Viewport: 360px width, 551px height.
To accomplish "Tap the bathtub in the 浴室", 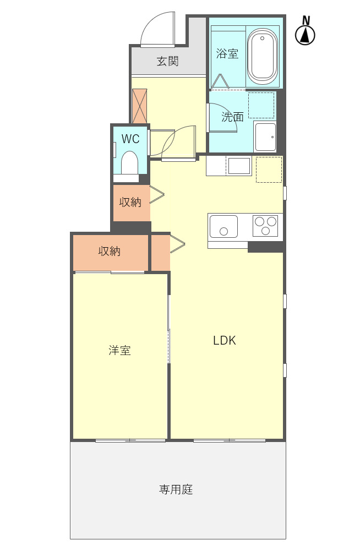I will [x=262, y=56].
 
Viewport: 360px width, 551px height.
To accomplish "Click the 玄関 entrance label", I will [x=167, y=61].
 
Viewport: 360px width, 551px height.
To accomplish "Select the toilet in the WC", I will [x=130, y=163].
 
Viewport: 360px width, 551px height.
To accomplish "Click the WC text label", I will [x=130, y=139].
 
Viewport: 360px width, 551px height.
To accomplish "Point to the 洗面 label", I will [x=232, y=117].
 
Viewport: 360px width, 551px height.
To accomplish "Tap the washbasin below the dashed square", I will [x=265, y=136].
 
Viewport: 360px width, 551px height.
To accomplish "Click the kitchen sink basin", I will [x=224, y=226].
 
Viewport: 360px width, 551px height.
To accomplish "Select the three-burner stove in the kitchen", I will [x=265, y=226].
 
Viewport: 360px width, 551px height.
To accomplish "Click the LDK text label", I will [x=225, y=340].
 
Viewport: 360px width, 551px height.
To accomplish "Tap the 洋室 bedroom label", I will [x=119, y=350].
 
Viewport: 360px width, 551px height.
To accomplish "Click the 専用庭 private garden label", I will [x=176, y=489].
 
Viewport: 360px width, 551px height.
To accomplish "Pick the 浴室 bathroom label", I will [x=227, y=53].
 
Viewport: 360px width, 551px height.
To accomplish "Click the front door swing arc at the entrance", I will [x=157, y=29].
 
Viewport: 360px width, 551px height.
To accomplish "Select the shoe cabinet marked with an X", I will [x=140, y=106].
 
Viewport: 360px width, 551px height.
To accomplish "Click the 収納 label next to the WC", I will [x=130, y=202].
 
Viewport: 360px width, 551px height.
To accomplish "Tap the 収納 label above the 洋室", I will [x=110, y=251].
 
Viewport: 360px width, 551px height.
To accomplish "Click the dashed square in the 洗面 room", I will [x=261, y=105].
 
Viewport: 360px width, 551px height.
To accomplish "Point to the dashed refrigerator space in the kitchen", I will [x=269, y=170].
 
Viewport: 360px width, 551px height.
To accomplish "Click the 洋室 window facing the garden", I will [x=130, y=440].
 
